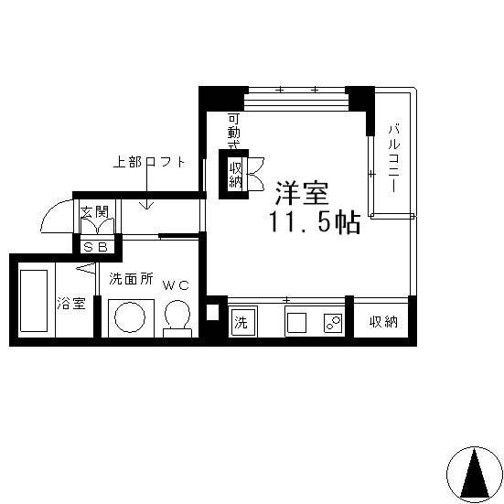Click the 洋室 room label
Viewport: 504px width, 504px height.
pyautogui.click(x=302, y=194)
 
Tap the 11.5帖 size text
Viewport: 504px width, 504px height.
pyautogui.click(x=315, y=221)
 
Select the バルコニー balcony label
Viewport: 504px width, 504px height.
pyautogui.click(x=393, y=158)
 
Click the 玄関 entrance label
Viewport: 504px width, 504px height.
pyautogui.click(x=94, y=212)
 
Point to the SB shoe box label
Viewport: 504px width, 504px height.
pyautogui.click(x=95, y=247)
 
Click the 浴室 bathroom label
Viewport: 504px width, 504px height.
pyautogui.click(x=71, y=303)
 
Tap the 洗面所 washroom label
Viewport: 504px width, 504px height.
pyautogui.click(x=131, y=279)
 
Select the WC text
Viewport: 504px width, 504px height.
pyautogui.click(x=176, y=285)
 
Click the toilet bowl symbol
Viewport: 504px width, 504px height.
pyautogui.click(x=177, y=318)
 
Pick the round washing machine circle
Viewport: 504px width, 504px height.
pyautogui.click(x=130, y=316)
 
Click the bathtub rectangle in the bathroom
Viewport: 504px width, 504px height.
pyautogui.click(x=34, y=301)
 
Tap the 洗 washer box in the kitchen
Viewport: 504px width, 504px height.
pyautogui.click(x=242, y=322)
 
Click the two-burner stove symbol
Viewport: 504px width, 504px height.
pyautogui.click(x=333, y=323)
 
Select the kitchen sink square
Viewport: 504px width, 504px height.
pyautogui.click(x=296, y=323)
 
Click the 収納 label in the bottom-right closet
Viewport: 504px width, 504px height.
pyautogui.click(x=383, y=321)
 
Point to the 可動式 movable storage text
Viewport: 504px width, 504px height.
pyautogui.click(x=234, y=132)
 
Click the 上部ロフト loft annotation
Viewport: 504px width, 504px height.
pyautogui.click(x=149, y=162)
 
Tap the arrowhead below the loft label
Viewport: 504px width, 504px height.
pyautogui.click(x=146, y=206)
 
